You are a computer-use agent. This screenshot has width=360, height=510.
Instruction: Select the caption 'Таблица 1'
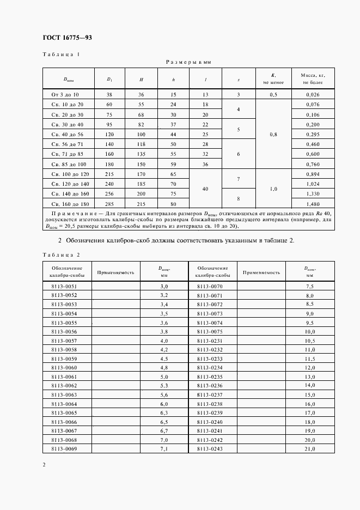click(x=61, y=54)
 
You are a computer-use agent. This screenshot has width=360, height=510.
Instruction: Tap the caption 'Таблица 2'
click(x=61, y=254)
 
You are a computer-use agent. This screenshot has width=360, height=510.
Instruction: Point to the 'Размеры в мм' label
click(x=188, y=63)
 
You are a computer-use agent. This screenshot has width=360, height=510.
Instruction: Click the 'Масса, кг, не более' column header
click(x=309, y=78)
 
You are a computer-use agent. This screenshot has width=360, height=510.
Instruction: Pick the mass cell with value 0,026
click(x=309, y=94)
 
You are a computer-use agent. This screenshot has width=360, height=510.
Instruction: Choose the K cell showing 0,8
click(x=273, y=134)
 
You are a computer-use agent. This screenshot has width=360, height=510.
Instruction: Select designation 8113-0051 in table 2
click(x=64, y=286)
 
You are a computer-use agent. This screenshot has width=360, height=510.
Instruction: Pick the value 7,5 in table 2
click(x=310, y=286)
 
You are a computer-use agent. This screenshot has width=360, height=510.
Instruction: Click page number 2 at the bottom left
click(x=44, y=464)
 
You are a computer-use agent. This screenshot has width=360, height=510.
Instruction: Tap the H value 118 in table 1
click(x=141, y=144)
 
